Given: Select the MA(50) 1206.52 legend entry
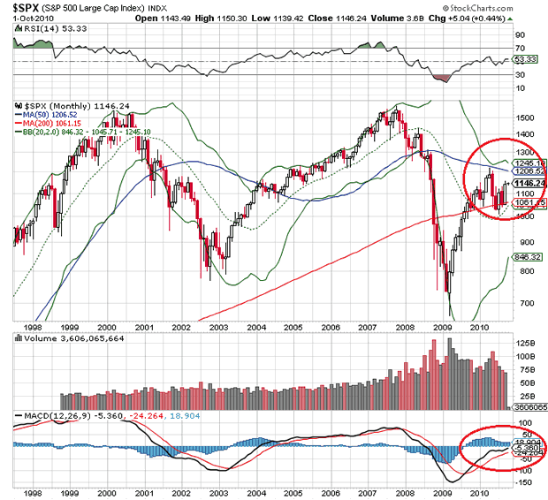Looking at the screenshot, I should click(x=53, y=113).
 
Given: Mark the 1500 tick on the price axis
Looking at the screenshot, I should click(x=524, y=117).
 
